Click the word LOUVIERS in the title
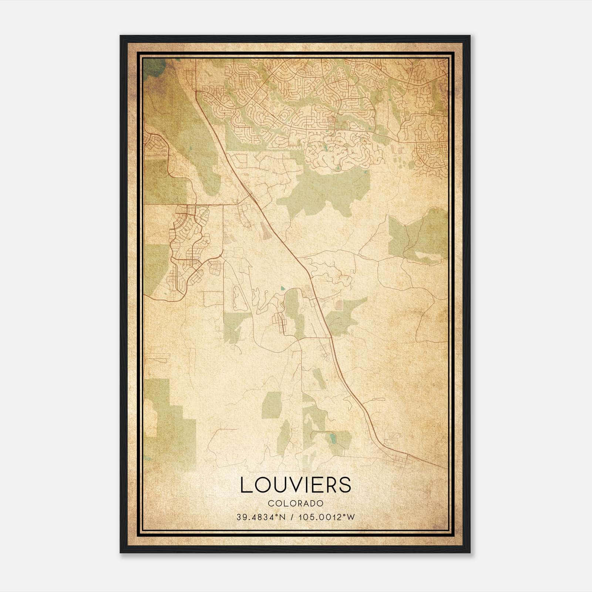(296, 485)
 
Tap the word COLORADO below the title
(296, 503)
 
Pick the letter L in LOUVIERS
(246, 485)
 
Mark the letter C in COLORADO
(270, 503)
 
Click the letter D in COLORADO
(314, 503)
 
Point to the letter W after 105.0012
(351, 517)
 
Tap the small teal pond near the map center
(283, 287)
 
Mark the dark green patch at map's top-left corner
(154, 67)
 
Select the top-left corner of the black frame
(121, 36)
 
